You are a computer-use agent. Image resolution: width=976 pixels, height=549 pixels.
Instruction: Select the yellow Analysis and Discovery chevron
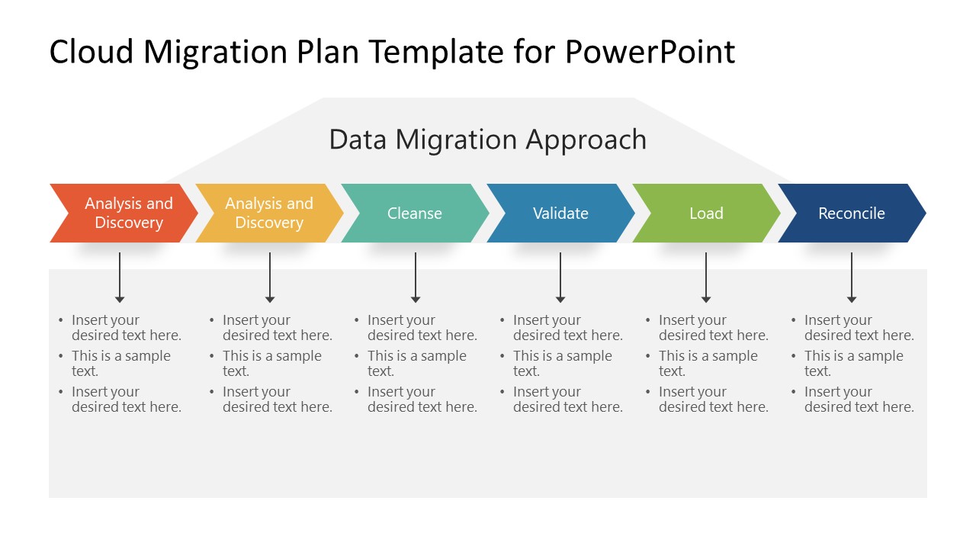click(x=269, y=213)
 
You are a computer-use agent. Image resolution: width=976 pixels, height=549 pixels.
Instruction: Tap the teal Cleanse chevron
click(x=415, y=213)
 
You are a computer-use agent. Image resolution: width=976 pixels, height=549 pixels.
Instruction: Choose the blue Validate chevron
click(x=560, y=213)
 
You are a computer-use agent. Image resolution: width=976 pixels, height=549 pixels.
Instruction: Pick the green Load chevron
click(x=706, y=213)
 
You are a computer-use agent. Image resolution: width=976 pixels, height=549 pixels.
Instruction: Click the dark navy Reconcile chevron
click(x=852, y=213)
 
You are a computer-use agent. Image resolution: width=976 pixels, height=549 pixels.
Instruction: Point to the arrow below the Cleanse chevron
click(x=416, y=278)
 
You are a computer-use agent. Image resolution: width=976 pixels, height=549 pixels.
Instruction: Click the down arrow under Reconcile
click(x=852, y=278)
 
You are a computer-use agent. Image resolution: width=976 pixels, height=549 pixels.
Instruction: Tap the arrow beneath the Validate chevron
click(x=560, y=278)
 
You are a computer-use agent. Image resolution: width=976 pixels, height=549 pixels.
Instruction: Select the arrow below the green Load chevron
click(x=706, y=278)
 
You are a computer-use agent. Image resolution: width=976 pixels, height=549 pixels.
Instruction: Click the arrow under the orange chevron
click(x=120, y=278)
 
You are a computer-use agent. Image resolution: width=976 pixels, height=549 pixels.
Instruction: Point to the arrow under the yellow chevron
click(x=270, y=278)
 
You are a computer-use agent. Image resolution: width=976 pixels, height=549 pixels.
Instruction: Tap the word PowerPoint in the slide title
click(x=650, y=52)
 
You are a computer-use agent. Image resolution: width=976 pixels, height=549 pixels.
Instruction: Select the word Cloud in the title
click(x=91, y=52)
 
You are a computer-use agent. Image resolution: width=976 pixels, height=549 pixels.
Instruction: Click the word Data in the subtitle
click(x=358, y=140)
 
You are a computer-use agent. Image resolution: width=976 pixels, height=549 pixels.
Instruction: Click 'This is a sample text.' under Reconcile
click(x=852, y=364)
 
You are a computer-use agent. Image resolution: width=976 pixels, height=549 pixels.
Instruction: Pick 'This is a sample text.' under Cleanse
click(x=416, y=364)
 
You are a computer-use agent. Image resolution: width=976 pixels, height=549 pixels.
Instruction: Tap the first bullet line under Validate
click(x=567, y=328)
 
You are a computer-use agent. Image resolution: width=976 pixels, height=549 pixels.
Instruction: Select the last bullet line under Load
click(x=713, y=400)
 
